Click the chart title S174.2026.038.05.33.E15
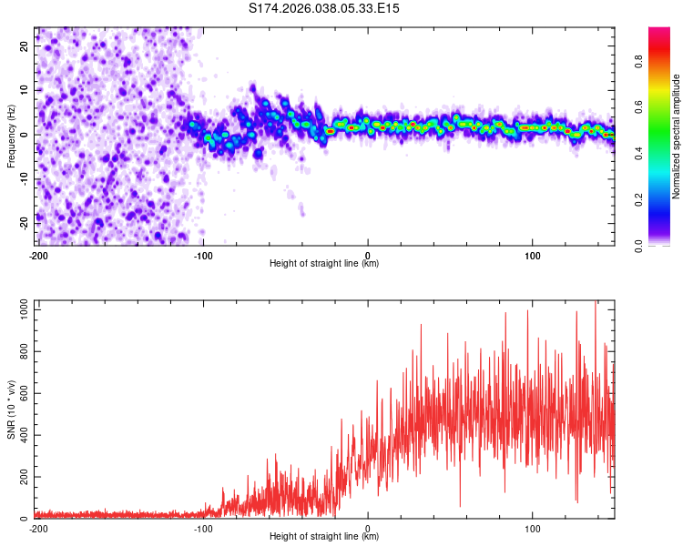click(324, 8)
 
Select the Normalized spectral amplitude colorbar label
click(677, 136)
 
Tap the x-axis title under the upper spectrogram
click(324, 264)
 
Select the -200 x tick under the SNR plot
click(37, 529)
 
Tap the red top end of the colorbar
click(659, 32)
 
